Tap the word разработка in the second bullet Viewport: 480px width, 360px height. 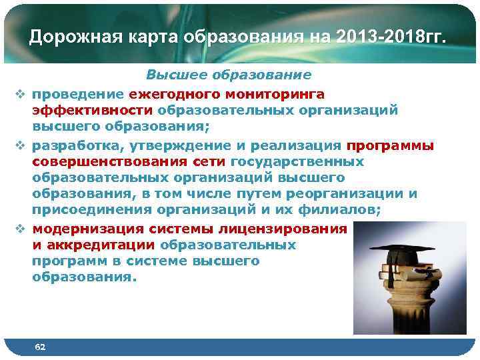point(73,145)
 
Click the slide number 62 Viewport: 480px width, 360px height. point(41,347)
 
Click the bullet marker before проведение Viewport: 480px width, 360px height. point(20,94)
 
